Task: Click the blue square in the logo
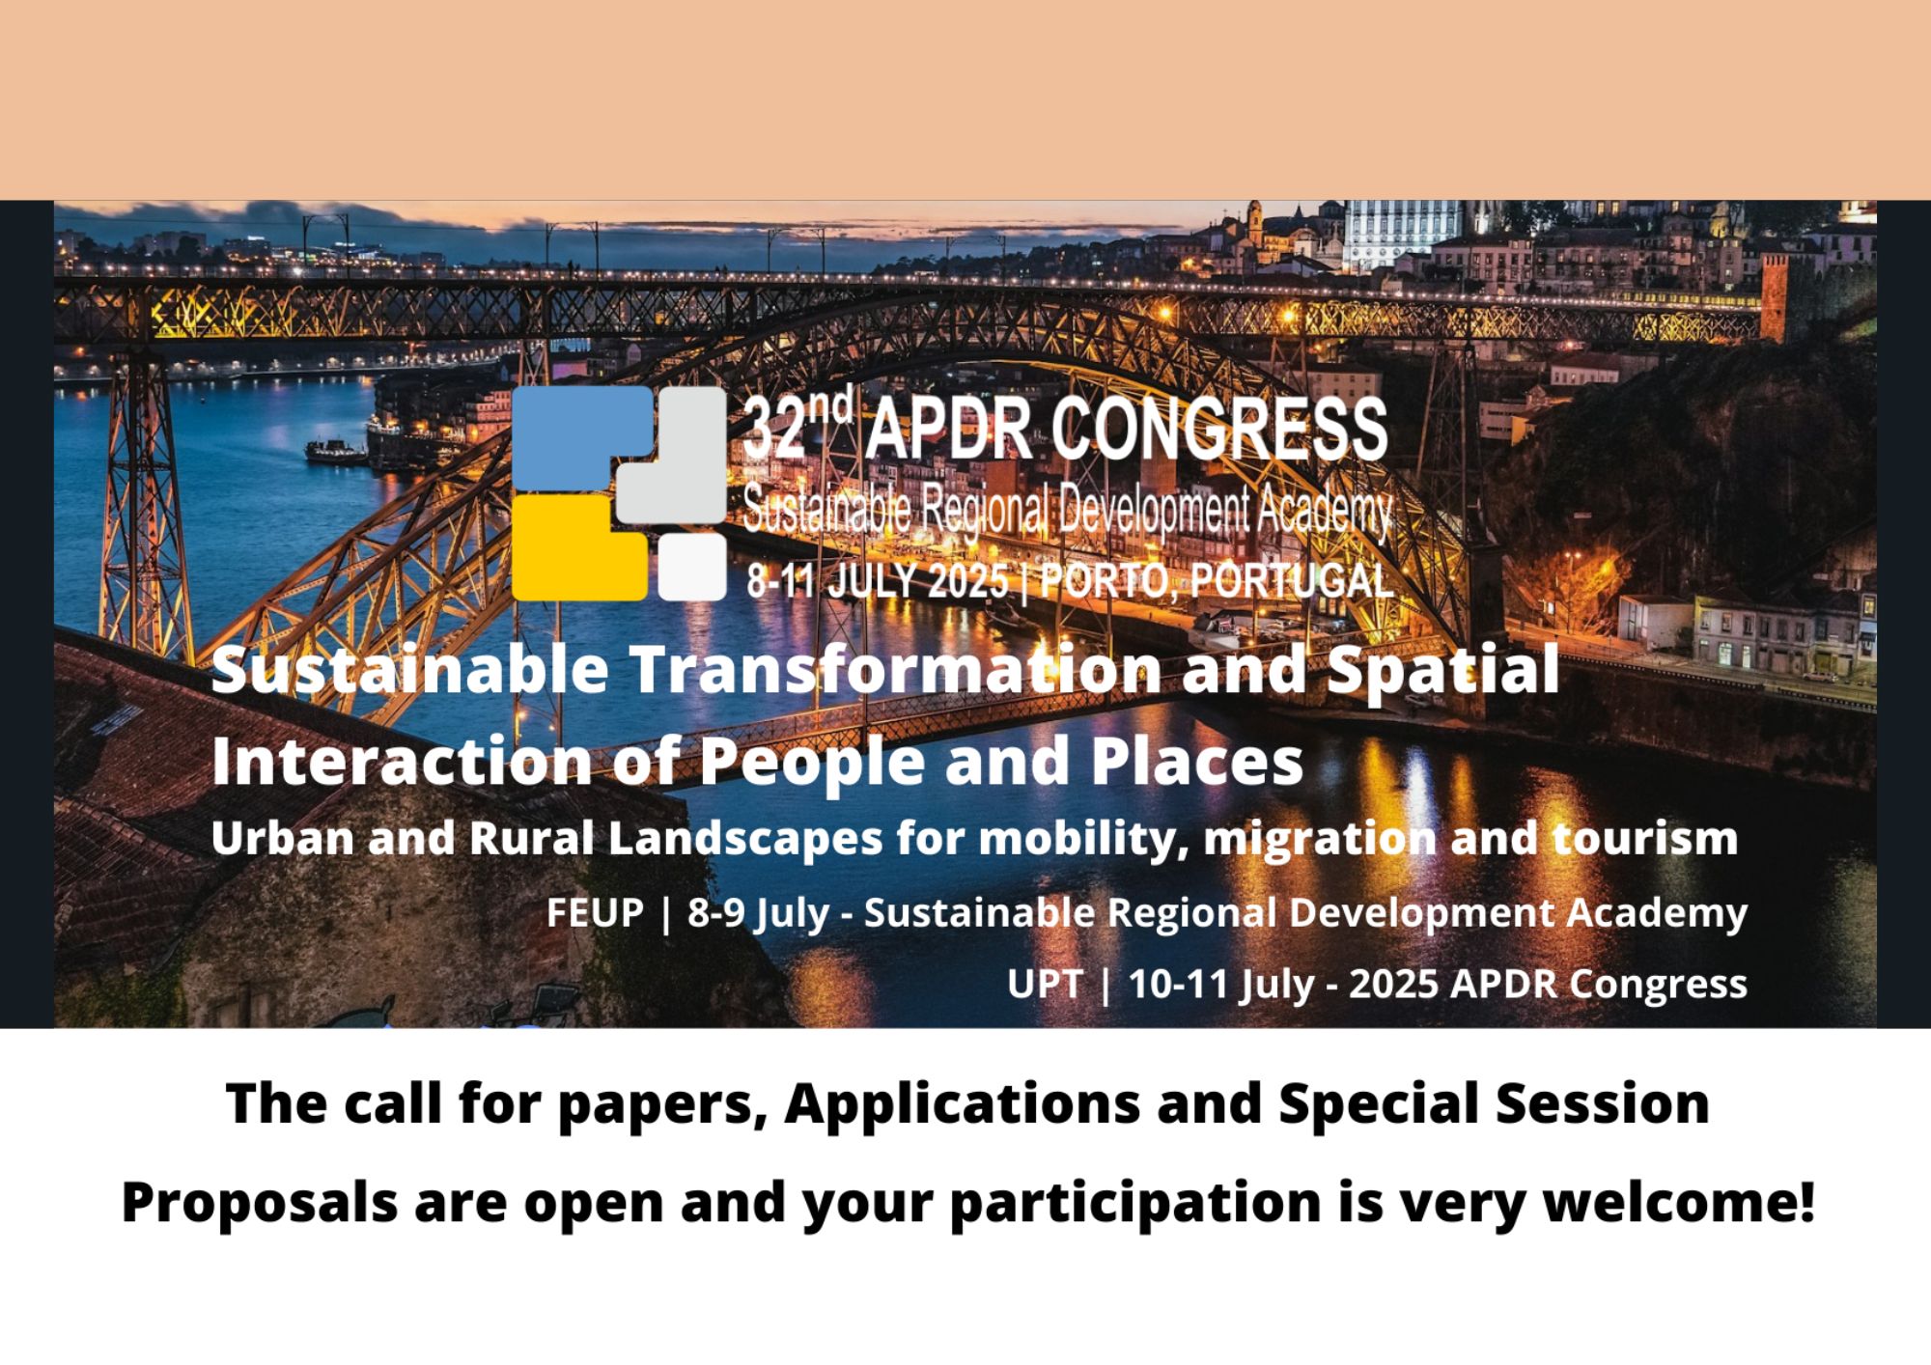[x=579, y=436]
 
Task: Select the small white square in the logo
[x=692, y=568]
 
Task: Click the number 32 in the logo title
[x=773, y=432]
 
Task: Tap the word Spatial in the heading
[x=1442, y=669]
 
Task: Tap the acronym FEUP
[x=595, y=912]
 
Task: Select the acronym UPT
[x=1044, y=984]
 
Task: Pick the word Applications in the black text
[x=962, y=1103]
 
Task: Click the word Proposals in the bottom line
[x=259, y=1203]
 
